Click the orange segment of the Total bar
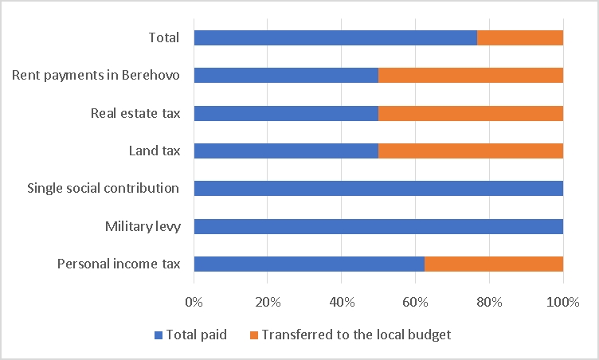[520, 38]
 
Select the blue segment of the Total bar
[335, 38]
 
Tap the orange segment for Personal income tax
[494, 264]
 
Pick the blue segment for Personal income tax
[309, 264]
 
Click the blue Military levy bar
[378, 226]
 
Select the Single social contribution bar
[378, 189]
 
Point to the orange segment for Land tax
[471, 151]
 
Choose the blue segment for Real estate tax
[286, 113]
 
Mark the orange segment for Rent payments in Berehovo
[471, 76]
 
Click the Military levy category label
[143, 226]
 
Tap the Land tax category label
[155, 151]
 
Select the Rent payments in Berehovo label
[96, 76]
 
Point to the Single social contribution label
[104, 189]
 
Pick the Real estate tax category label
[135, 113]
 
